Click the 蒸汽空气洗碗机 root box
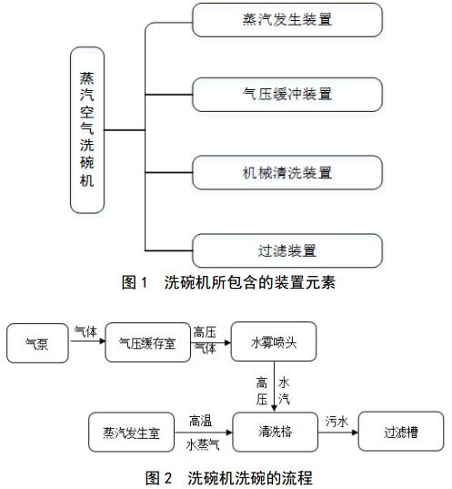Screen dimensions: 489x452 [x=87, y=131]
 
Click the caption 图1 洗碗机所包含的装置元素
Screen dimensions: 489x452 [x=228, y=283]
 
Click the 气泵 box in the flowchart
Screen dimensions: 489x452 [x=38, y=345]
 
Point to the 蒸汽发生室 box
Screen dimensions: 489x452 [x=132, y=432]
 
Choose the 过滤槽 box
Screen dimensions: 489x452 [x=400, y=432]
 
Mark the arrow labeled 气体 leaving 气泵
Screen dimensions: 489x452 [x=87, y=345]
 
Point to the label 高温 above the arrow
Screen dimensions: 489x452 [x=201, y=421]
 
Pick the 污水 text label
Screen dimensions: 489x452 [x=336, y=421]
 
